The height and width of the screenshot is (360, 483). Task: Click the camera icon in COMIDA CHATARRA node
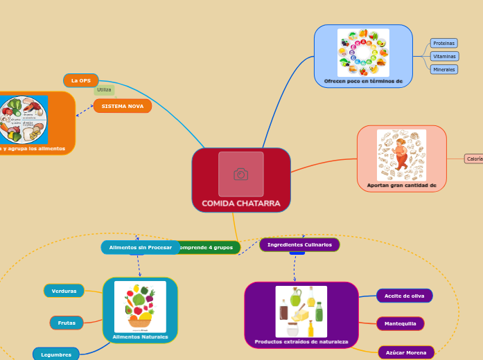240,174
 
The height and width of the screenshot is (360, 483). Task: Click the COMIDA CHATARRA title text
240,204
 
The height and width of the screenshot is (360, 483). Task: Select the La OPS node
81,80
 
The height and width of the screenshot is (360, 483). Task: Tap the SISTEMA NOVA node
123,106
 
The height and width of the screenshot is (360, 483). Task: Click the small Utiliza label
104,90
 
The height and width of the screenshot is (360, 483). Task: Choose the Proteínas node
444,43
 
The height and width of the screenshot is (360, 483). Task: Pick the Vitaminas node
444,56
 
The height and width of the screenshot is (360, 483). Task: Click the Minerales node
444,69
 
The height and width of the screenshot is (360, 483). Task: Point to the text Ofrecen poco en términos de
363,81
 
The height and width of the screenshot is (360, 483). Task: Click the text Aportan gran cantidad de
401,186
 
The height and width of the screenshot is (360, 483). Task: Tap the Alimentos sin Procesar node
140,247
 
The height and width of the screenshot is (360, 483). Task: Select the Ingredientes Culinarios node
299,244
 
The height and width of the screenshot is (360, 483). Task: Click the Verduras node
64,291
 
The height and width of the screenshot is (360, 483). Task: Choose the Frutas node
67,323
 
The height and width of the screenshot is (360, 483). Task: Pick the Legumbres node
56,354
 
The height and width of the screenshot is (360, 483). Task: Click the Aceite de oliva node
404,296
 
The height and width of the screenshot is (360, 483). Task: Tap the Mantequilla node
400,323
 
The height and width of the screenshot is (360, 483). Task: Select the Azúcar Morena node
405,352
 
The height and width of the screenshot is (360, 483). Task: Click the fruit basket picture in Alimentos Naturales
140,306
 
